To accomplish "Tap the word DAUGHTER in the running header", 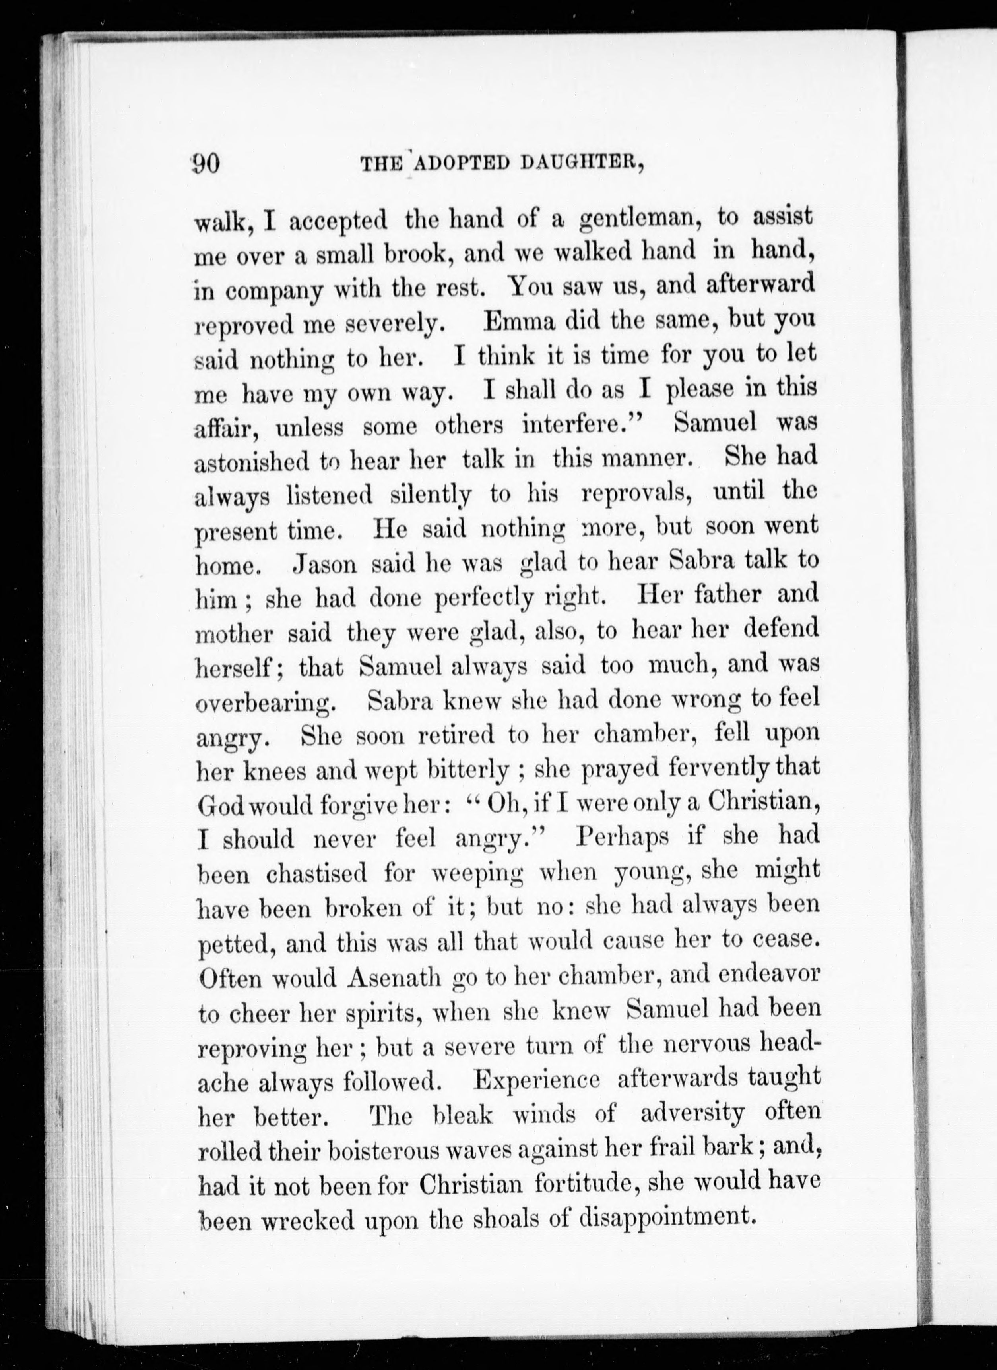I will point(580,164).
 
